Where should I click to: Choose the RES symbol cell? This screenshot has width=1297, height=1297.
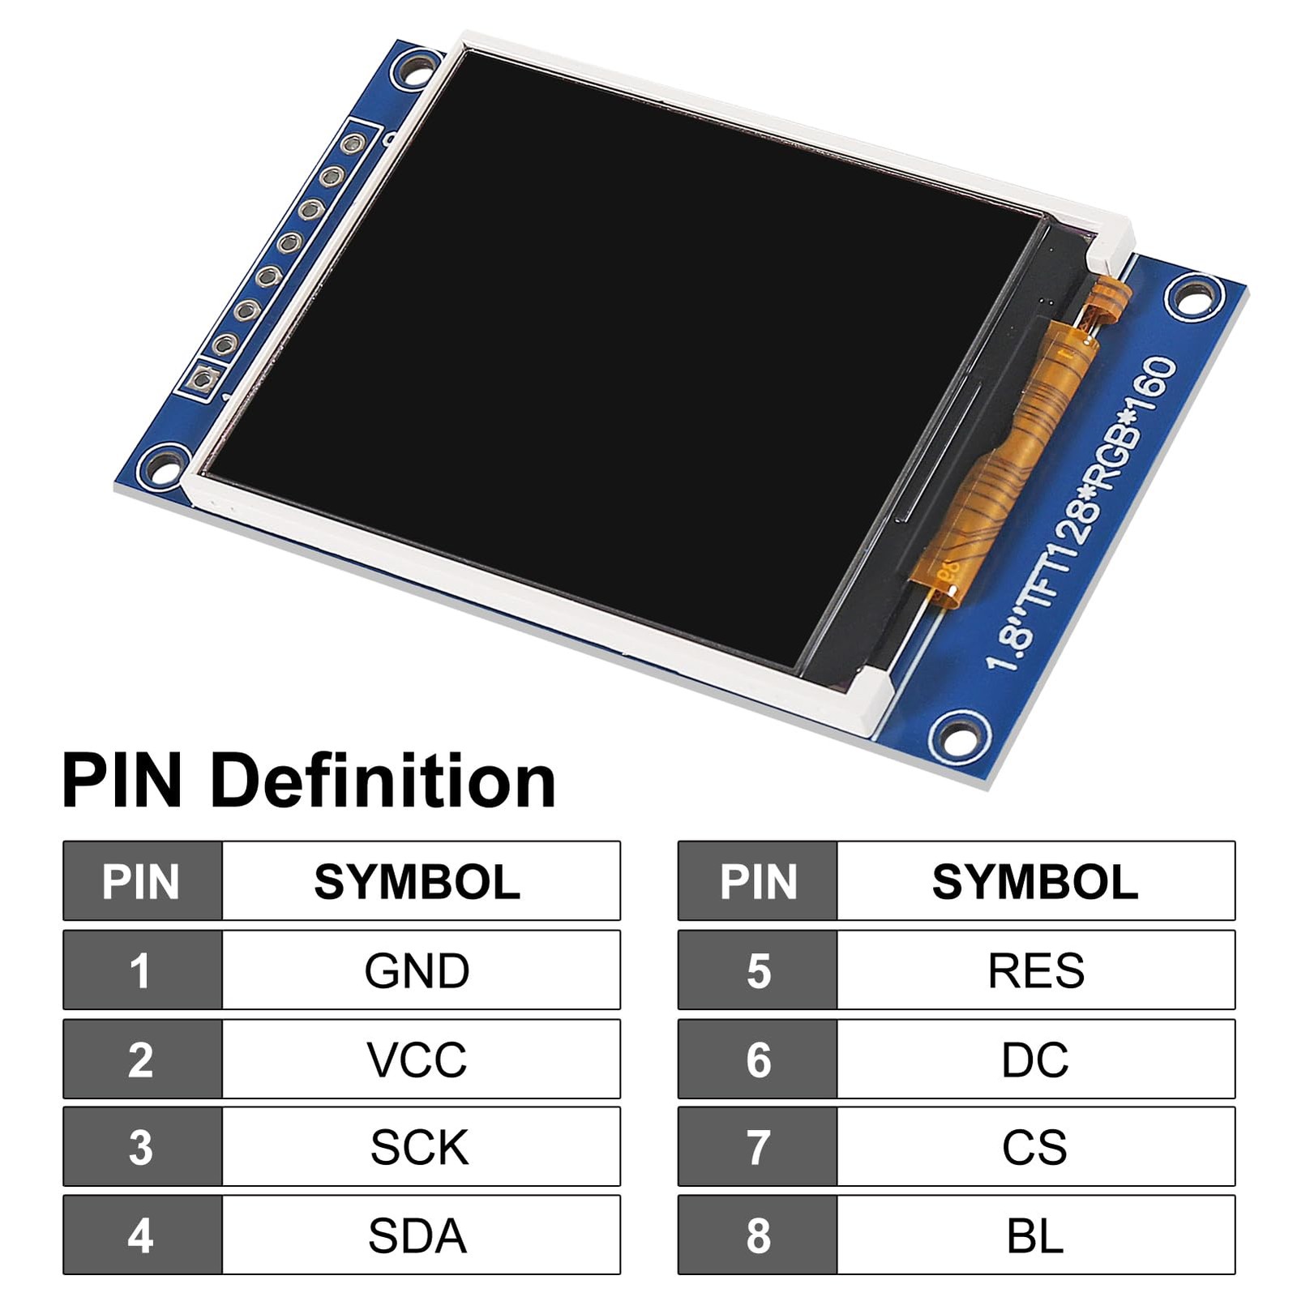click(1035, 970)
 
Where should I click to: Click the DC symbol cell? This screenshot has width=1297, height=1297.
click(1035, 1059)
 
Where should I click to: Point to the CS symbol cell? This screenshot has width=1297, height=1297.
click(1035, 1147)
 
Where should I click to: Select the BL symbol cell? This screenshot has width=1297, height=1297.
click(1035, 1235)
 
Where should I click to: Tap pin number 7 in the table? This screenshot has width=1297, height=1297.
click(758, 1147)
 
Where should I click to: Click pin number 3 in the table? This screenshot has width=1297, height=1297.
click(141, 1147)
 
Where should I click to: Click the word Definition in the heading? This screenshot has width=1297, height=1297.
click(383, 781)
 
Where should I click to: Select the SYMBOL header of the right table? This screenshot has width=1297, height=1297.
click(1035, 881)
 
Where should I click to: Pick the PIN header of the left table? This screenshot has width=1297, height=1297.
click(141, 881)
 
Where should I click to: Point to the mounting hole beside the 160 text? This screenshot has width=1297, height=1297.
click(1194, 297)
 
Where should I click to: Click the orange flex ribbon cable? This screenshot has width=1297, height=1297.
click(1013, 454)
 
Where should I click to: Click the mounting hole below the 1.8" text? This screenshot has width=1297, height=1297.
click(960, 734)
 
